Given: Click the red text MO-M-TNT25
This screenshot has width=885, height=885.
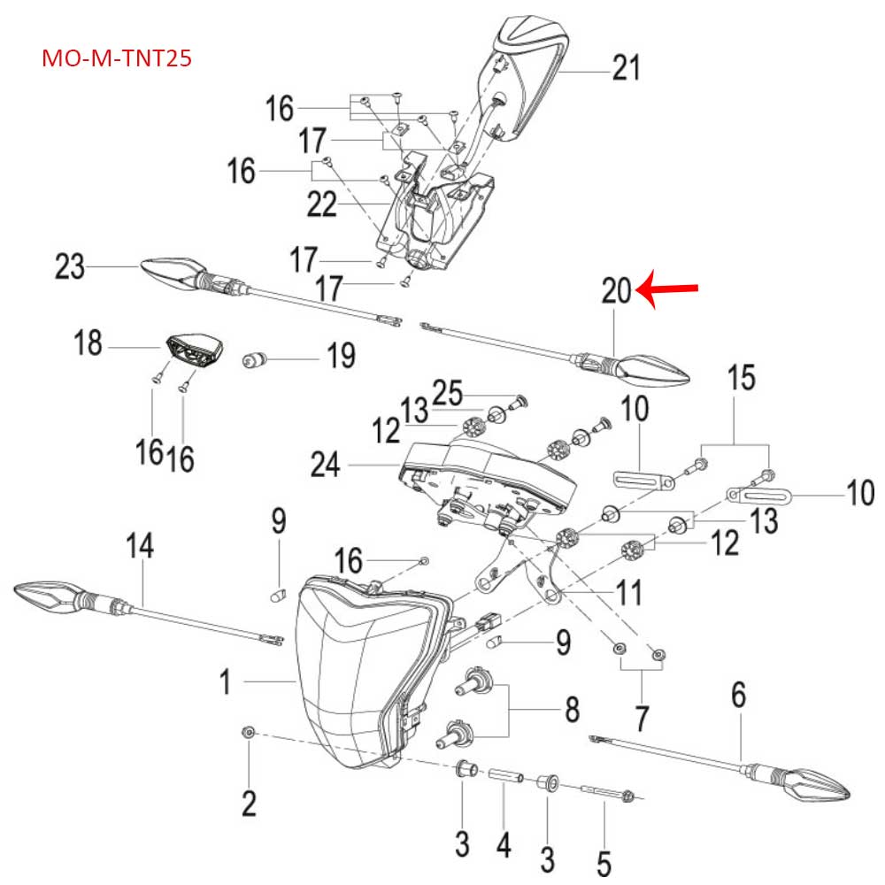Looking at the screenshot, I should pos(117,59).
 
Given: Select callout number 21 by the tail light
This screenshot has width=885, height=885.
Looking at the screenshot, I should pos(627,67).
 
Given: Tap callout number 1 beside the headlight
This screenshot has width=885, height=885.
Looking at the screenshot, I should pos(227,681).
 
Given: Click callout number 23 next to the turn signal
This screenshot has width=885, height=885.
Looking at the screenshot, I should pos(70,265).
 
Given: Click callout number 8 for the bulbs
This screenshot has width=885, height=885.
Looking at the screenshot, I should pos(573,709).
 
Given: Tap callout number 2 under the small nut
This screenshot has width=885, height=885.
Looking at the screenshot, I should pos(249,803).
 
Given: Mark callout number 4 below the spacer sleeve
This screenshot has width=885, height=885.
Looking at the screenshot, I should pos(504,846).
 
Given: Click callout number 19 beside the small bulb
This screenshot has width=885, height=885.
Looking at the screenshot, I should pos(341,358).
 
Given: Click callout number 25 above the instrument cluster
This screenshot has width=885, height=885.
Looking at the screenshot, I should pos(449,391).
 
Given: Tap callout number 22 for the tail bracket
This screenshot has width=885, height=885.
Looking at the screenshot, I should pos(322,204).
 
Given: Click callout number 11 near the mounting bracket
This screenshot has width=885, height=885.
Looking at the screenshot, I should pos(629,592).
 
